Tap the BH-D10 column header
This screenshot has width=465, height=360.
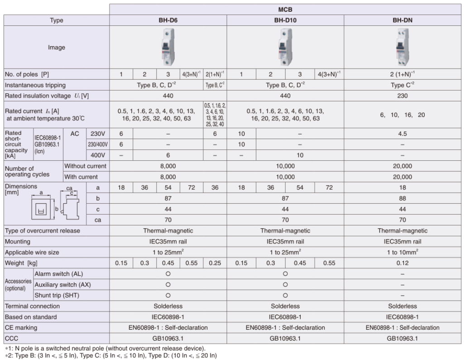pos(285,20)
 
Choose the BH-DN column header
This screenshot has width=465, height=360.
pos(403,20)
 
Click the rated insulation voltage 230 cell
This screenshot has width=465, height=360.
pos(403,96)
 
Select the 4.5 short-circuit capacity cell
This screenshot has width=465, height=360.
pos(403,134)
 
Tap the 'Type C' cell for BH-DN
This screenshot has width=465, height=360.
pos(403,85)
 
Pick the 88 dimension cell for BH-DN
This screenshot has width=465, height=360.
pos(403,198)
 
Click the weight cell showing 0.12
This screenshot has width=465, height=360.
pos(403,263)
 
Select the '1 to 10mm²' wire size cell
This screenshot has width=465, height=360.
pos(403,252)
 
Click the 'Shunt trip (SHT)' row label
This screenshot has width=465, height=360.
pos(59,295)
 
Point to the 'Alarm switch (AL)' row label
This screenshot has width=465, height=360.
pos(59,274)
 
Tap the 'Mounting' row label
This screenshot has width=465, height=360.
pos(18,241)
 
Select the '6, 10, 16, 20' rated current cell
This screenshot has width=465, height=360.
pos(403,115)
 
